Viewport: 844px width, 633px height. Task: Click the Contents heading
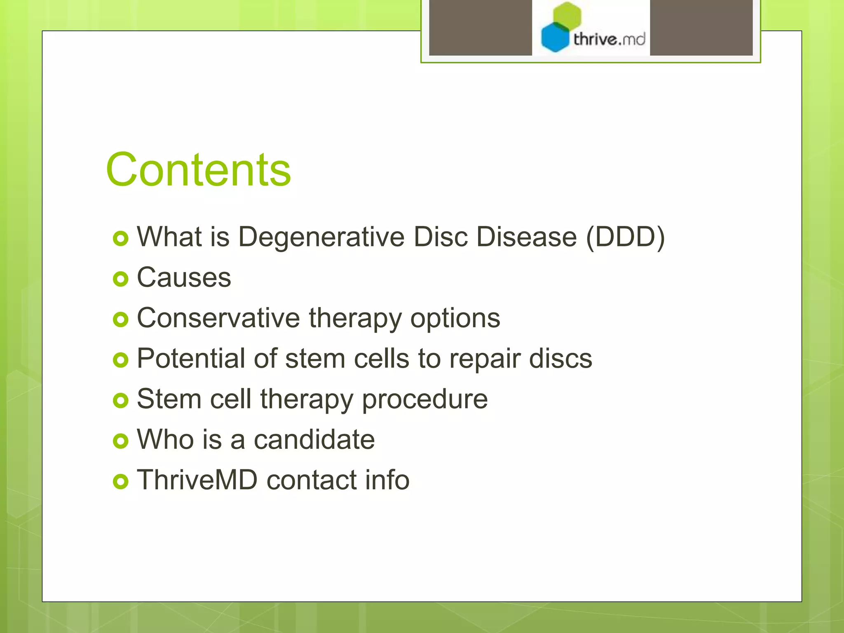coord(198,170)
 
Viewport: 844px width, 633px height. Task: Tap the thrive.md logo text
coord(609,40)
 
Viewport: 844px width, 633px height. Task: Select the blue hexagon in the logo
coord(555,38)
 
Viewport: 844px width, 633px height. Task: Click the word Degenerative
coord(321,238)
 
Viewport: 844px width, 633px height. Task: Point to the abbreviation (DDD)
coord(625,237)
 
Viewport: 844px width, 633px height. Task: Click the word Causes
coord(184,277)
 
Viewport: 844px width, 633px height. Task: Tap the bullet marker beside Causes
coord(120,279)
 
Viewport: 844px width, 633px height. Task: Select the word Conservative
coord(218,318)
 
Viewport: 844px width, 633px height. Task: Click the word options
coord(455,319)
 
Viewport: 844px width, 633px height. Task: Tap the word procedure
coord(424,399)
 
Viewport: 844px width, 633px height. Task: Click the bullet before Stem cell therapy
coord(120,400)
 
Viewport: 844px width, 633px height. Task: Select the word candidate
coord(314,439)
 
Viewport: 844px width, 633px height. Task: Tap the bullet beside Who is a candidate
coord(120,441)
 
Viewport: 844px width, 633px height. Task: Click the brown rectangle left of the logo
coord(480,27)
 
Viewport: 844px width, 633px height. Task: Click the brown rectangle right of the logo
coord(701,27)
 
